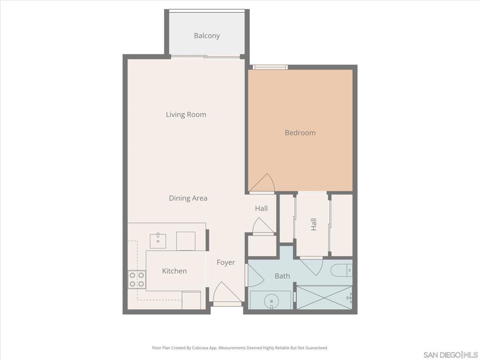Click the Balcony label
207,36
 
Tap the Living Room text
186,114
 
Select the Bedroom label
300,133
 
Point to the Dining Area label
188,198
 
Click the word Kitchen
174,271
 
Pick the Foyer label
225,262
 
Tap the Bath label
282,276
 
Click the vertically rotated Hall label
314,224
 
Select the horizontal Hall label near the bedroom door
262,208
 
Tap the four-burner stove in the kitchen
136,280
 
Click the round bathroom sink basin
270,300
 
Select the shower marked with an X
324,298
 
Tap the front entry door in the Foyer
227,295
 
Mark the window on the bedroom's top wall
270,67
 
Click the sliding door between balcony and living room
206,57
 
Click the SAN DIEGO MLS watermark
450,354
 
